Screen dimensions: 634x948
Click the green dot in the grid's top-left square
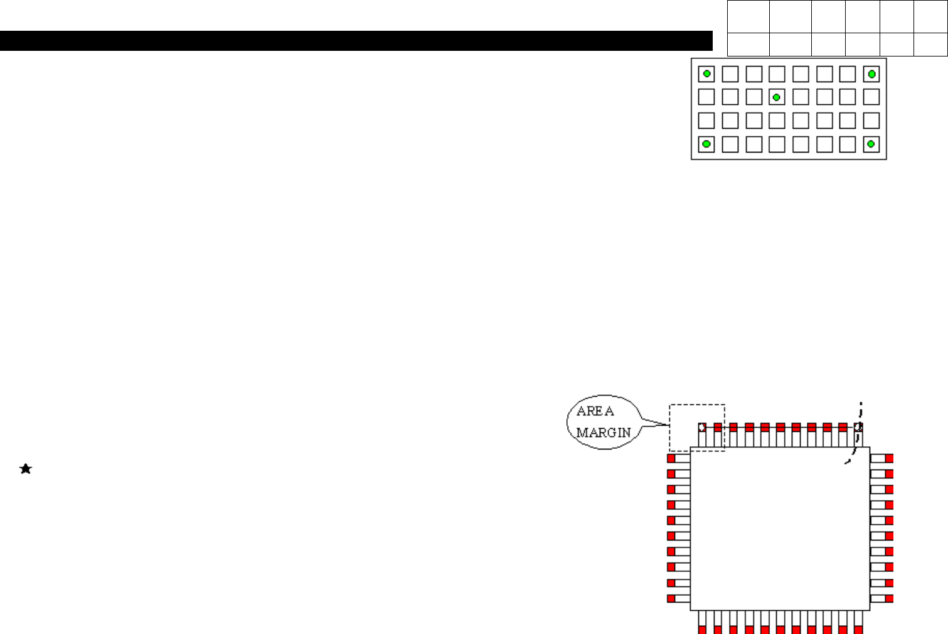click(706, 74)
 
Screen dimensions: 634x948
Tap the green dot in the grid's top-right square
click(871, 74)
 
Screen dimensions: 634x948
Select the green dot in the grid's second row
click(777, 97)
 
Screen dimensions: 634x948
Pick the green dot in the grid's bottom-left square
click(706, 144)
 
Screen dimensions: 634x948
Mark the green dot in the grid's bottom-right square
click(871, 144)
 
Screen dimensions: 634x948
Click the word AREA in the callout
click(595, 411)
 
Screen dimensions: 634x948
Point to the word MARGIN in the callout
click(604, 433)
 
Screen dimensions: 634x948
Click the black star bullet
click(26, 469)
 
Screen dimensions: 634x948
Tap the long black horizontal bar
click(356, 41)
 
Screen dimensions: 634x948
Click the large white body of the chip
click(780, 529)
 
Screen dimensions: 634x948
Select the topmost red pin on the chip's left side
click(671, 458)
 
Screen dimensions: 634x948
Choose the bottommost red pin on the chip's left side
click(671, 599)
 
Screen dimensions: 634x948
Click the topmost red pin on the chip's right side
click(889, 458)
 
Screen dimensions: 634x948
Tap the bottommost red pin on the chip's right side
click(889, 599)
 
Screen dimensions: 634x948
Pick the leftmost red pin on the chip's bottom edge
click(702, 629)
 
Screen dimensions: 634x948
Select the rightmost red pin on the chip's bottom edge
click(858, 629)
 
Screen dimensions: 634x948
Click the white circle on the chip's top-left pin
click(702, 427)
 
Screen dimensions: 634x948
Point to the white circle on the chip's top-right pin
click(858, 427)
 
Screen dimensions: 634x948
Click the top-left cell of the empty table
click(748, 17)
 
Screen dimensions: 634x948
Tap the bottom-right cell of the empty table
click(930, 45)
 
